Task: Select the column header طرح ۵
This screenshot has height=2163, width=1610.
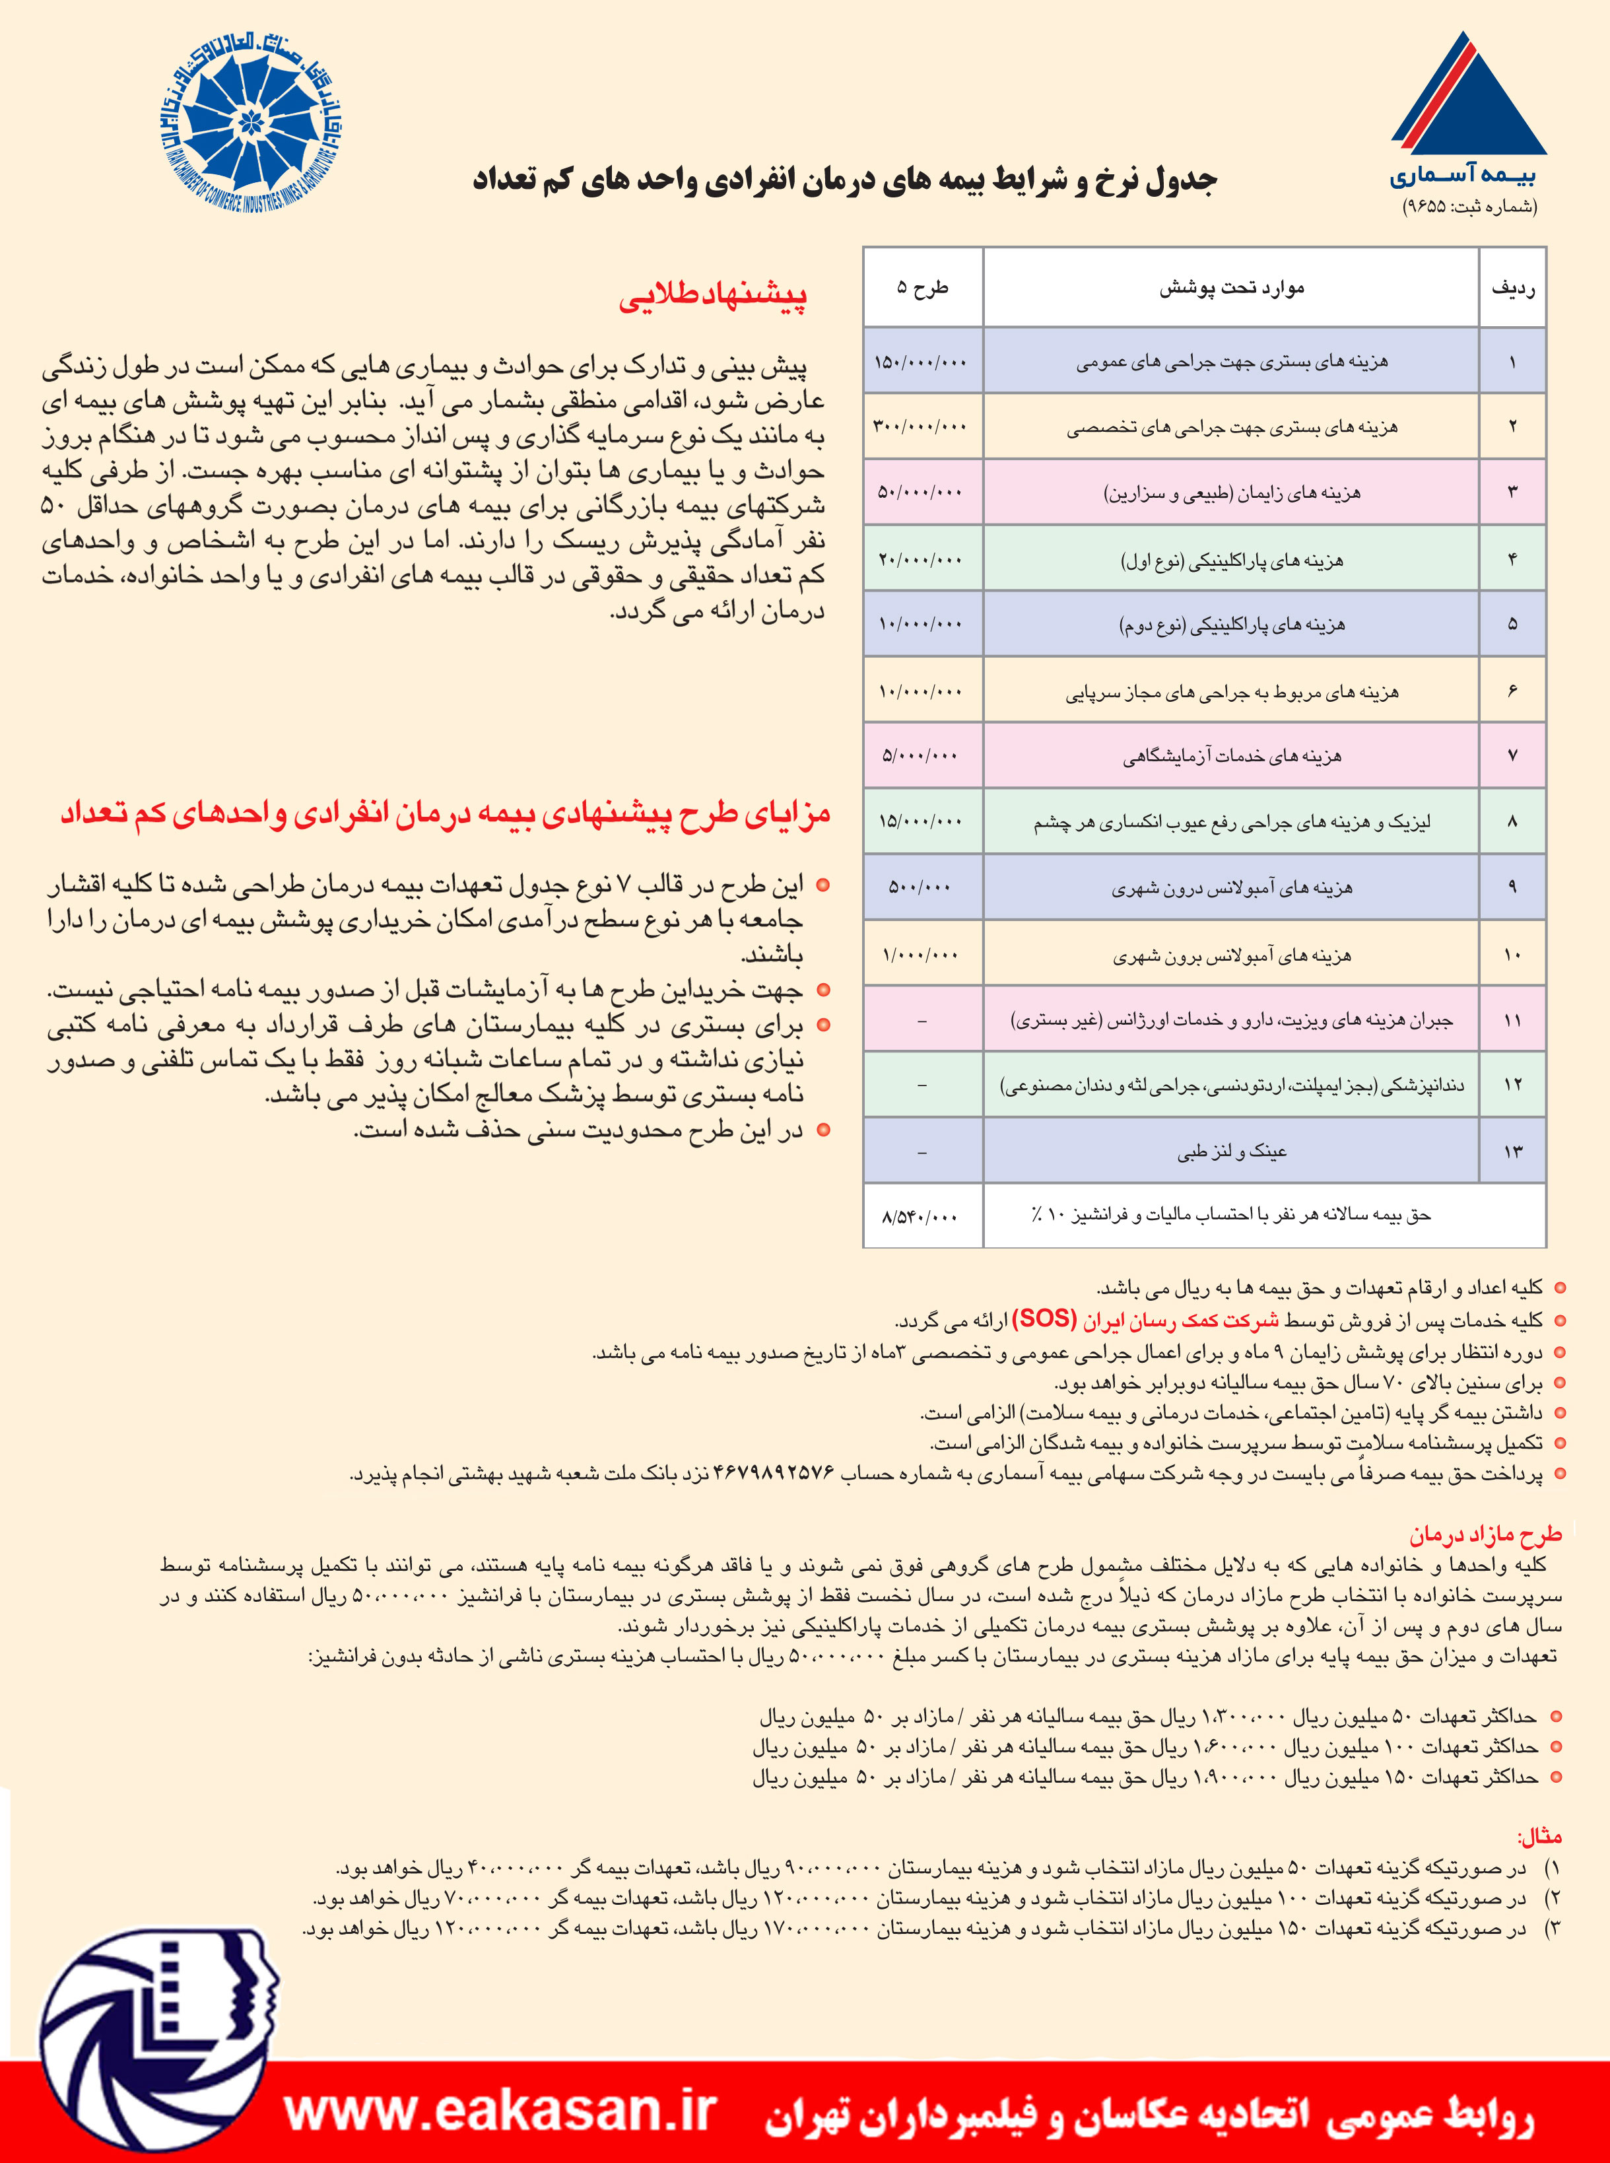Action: [x=922, y=288]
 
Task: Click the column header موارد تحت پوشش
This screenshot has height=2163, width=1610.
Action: [x=1231, y=288]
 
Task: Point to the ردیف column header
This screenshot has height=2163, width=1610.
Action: [x=1512, y=288]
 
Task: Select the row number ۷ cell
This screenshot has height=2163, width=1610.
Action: [x=1512, y=755]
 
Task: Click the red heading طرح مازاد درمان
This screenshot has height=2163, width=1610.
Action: [x=1485, y=1535]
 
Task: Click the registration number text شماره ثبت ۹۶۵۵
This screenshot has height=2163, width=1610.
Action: [x=1469, y=207]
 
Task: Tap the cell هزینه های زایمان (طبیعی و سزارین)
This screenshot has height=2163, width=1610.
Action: [x=1231, y=493]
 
